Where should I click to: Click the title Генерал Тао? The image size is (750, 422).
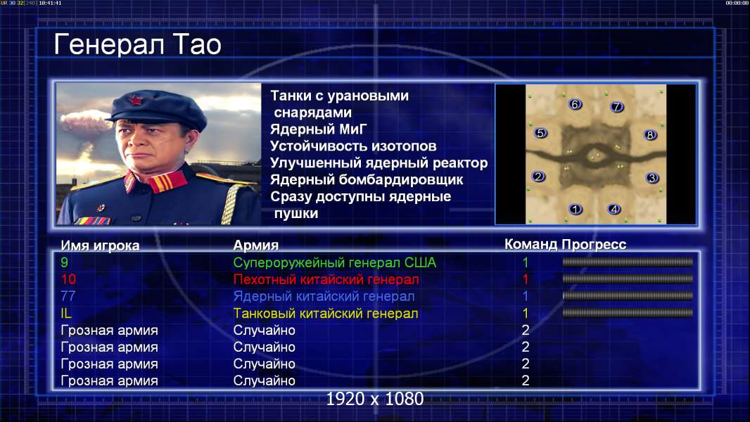137,44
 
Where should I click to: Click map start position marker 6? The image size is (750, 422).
575,104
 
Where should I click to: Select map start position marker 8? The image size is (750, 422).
650,135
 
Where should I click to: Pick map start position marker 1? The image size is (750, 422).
576,209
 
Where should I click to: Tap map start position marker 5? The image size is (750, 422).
540,133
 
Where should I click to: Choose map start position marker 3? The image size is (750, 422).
652,178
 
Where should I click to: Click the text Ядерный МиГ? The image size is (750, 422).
319,129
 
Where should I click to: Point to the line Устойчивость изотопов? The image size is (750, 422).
353,146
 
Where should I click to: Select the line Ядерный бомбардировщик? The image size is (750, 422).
367,179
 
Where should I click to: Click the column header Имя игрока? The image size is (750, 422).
100,245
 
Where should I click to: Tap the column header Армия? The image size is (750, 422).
256,245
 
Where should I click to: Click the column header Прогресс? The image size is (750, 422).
594,245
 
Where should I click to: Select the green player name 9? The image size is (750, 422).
65,262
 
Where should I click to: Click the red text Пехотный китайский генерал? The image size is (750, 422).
326,279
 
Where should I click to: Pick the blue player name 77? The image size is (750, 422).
68,296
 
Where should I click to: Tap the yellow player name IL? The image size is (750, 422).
66,313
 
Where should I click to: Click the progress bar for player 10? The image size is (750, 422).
628,279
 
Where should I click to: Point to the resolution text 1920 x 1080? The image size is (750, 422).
374,399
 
